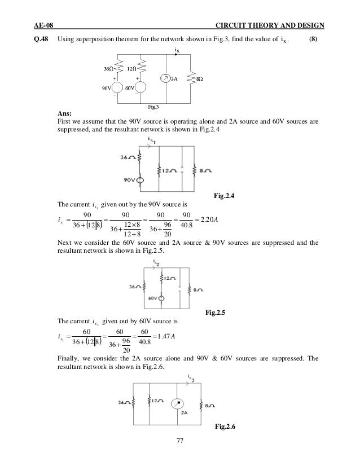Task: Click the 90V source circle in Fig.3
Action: click(x=118, y=88)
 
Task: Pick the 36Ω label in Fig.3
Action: click(x=107, y=69)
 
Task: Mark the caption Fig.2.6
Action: click(x=226, y=426)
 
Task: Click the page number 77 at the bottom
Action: click(x=180, y=442)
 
